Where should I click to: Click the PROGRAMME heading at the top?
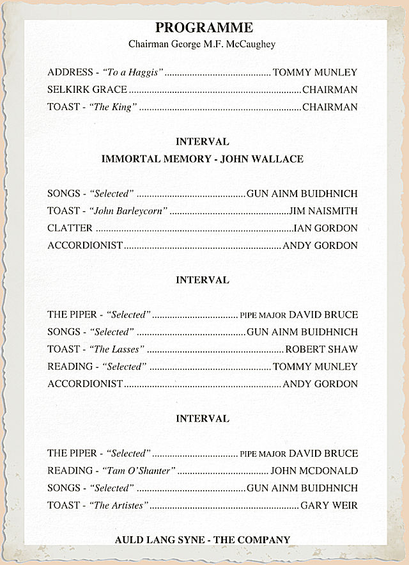tap(204, 28)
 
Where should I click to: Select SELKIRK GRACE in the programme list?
tap(87, 90)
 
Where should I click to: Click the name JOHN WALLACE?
tap(261, 159)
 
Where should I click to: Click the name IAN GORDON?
tap(326, 228)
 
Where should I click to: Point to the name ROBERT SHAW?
tap(321, 349)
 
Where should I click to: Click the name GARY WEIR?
tap(328, 505)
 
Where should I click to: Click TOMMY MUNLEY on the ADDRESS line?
tap(315, 72)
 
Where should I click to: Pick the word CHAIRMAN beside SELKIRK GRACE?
tap(330, 90)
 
